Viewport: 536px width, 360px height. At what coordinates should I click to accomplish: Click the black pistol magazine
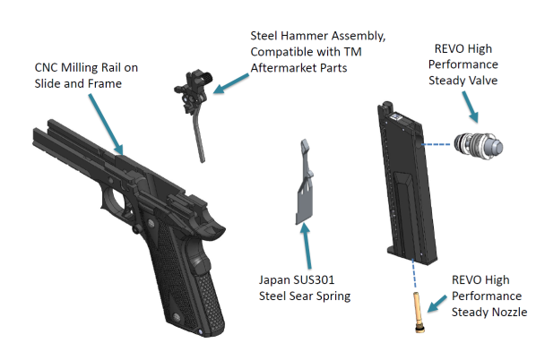click(x=407, y=184)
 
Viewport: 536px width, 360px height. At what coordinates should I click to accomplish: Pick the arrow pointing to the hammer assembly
click(x=231, y=83)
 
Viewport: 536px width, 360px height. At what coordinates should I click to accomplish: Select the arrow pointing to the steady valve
click(x=470, y=107)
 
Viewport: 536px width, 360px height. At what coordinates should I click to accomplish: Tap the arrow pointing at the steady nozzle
click(x=437, y=304)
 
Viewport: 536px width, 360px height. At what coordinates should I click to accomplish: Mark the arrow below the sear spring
click(x=307, y=245)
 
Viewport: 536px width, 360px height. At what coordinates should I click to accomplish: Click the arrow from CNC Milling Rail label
click(x=106, y=124)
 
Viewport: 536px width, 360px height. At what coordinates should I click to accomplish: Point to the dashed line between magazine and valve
click(x=436, y=144)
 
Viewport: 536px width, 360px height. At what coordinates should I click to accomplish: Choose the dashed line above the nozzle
click(x=414, y=274)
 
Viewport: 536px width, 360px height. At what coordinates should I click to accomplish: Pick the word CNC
click(x=47, y=68)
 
